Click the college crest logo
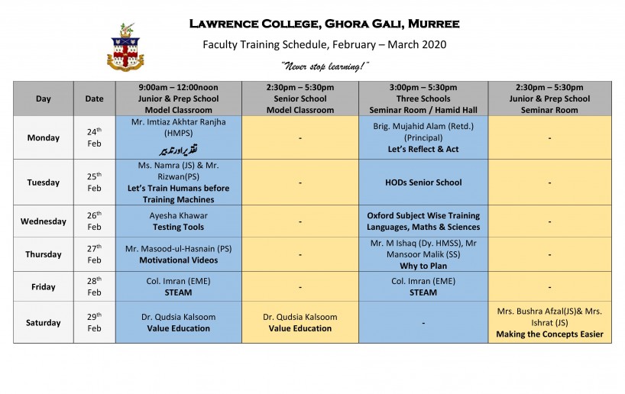point(125,47)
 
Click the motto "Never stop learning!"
point(325,66)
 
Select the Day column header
point(44,98)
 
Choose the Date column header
point(94,98)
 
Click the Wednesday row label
point(44,221)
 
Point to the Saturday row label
point(44,323)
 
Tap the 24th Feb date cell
point(94,137)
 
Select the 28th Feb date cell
point(94,286)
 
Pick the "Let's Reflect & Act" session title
point(423,149)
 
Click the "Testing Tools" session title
point(178,227)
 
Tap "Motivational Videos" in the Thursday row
point(178,260)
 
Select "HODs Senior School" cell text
point(423,182)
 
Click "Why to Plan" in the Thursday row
point(423,266)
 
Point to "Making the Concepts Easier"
point(549,334)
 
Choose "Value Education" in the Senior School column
point(300,328)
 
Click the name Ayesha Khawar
point(178,215)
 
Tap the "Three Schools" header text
point(423,98)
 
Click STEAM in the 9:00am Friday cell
point(178,292)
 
